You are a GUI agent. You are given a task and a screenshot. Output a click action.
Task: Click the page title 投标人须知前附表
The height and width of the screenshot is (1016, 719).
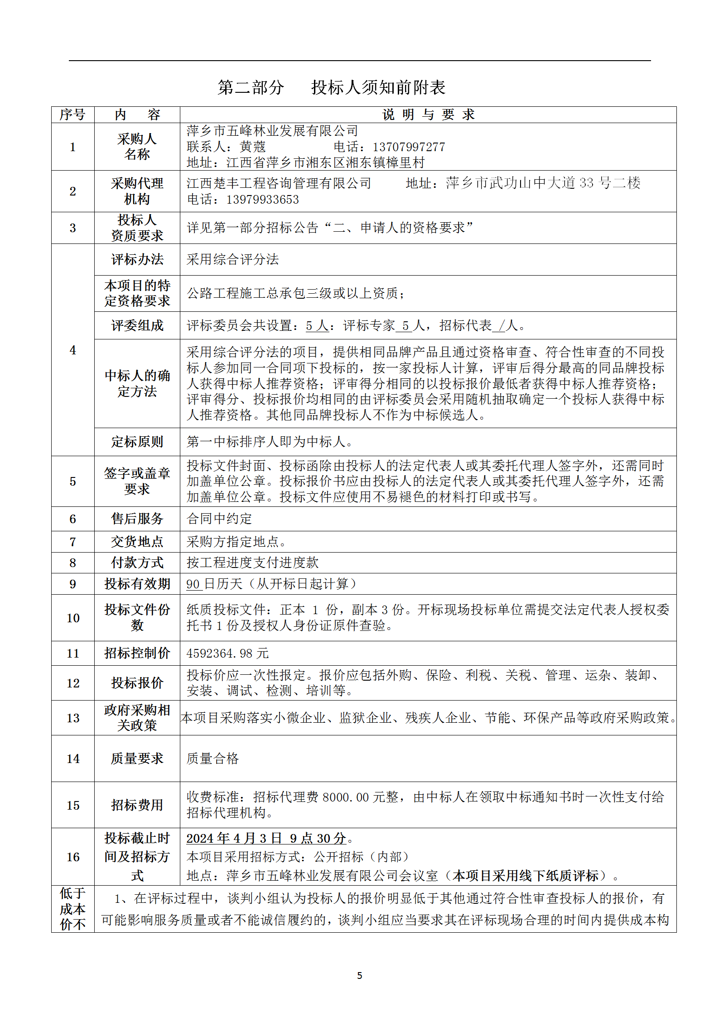(x=378, y=87)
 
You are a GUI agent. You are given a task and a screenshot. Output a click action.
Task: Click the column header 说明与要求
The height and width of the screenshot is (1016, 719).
(x=428, y=114)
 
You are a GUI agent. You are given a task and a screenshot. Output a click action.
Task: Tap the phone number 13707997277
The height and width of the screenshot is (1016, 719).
(x=408, y=147)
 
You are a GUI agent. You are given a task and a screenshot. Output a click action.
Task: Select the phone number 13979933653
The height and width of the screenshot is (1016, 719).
(x=262, y=200)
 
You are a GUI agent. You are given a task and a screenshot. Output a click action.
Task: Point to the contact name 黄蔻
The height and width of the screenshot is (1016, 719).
(x=252, y=147)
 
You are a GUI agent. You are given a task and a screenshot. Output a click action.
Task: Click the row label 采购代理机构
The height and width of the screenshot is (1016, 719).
(x=137, y=191)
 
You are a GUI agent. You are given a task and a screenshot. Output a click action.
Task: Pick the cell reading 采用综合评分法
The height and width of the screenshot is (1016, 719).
(x=232, y=259)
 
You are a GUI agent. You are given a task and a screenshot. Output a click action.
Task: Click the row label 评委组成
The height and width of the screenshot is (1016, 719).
(x=137, y=325)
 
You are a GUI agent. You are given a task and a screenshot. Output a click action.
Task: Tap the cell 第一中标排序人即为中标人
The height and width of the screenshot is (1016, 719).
(x=270, y=442)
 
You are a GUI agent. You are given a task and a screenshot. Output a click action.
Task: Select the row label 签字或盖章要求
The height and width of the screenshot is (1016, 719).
(x=137, y=481)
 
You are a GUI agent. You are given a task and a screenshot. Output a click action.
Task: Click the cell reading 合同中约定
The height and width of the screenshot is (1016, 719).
(x=219, y=519)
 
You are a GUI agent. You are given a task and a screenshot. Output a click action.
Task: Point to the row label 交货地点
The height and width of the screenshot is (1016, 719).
(x=137, y=542)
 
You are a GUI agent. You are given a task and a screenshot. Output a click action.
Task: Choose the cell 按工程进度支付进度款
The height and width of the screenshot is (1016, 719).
(x=252, y=563)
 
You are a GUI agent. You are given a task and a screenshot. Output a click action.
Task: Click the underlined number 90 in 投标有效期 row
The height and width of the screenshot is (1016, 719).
(x=193, y=584)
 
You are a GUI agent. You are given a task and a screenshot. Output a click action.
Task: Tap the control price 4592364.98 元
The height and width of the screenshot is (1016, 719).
(x=227, y=653)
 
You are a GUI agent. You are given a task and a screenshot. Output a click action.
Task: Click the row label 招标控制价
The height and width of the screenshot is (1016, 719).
(x=137, y=653)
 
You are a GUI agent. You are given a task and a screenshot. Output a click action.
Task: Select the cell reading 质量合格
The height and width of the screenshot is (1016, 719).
(x=212, y=758)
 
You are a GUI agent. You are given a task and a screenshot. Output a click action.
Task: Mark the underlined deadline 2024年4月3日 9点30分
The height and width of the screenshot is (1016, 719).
(x=266, y=838)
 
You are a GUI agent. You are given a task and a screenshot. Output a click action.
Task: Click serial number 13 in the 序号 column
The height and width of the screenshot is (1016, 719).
(x=73, y=718)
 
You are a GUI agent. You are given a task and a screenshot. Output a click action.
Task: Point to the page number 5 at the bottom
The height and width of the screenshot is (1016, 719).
(x=360, y=975)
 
